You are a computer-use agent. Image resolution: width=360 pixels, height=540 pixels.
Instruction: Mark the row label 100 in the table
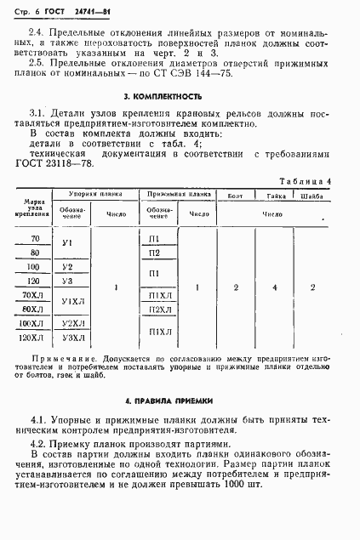[34, 267]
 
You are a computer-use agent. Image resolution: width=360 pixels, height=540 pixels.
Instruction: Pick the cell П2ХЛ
[156, 310]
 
